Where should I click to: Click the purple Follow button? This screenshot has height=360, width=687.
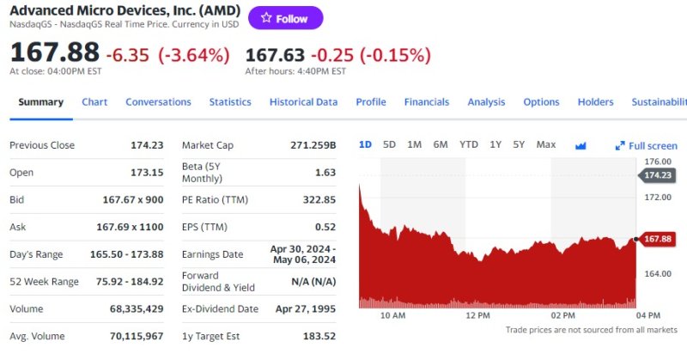285,18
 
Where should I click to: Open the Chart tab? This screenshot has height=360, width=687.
94,101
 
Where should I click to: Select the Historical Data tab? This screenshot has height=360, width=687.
303,101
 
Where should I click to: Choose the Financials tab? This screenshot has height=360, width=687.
426,101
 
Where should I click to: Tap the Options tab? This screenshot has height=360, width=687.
541,101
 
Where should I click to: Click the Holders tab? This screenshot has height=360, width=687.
595,101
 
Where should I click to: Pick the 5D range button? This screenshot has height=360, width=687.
389,144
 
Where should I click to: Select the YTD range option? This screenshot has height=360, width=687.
468,144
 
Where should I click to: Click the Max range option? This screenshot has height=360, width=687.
545,144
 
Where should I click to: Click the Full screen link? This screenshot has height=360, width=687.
647,146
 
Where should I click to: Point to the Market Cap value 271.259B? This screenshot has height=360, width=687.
313,145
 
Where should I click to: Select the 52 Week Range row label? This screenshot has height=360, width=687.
44,282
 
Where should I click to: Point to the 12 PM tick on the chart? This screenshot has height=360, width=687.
477,315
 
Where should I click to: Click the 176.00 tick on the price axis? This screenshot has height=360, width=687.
657,162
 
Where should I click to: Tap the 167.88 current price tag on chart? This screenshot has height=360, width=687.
658,239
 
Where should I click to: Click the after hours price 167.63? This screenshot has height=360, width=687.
275,55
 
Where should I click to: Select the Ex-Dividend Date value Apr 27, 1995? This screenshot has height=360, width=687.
305,308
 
